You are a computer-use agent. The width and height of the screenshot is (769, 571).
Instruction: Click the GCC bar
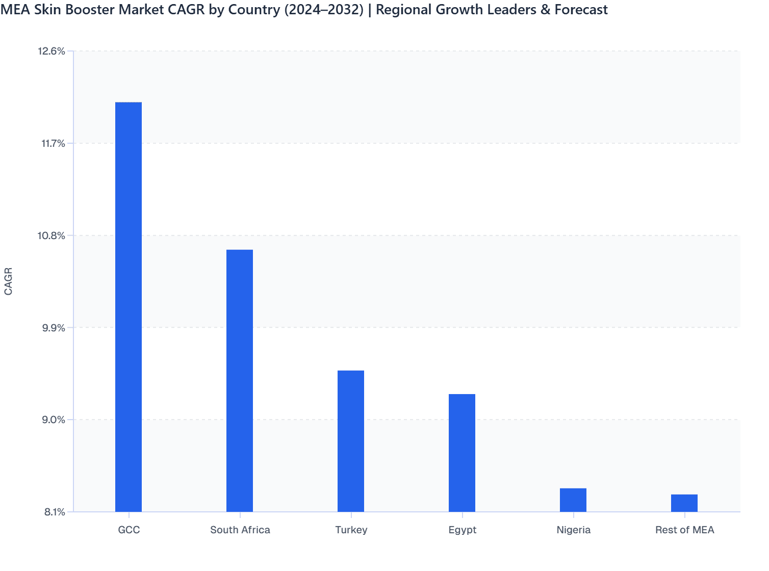(129, 307)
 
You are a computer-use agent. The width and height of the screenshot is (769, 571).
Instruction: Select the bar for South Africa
(240, 380)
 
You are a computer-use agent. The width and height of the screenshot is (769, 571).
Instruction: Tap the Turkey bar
(351, 441)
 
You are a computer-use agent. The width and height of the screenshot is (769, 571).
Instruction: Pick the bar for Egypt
(462, 453)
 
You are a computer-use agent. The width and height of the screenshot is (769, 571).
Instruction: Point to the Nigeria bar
(573, 500)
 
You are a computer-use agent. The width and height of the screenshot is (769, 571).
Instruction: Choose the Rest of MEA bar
(684, 503)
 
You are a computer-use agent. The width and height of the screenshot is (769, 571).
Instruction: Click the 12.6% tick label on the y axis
(52, 51)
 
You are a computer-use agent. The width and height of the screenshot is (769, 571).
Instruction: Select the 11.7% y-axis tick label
(53, 143)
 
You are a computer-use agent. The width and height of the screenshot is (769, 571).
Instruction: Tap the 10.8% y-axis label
(52, 236)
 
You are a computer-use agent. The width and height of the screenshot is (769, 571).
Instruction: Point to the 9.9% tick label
(53, 328)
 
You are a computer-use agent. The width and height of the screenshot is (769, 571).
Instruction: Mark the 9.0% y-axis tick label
(53, 420)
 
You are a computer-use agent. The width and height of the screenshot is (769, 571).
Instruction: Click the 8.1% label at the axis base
(55, 512)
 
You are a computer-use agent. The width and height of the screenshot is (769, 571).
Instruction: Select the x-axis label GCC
(129, 530)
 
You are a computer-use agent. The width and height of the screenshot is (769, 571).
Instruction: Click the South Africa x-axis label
(240, 530)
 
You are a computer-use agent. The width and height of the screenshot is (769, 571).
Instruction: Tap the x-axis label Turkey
(351, 530)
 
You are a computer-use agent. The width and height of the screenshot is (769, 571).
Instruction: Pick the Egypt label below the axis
(462, 530)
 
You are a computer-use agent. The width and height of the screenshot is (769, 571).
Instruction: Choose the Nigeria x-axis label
(573, 530)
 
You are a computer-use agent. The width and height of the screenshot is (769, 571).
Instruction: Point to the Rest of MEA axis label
(684, 530)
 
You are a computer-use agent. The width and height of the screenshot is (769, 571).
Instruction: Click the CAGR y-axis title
(8, 281)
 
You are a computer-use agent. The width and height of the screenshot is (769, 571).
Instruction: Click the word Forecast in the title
(581, 10)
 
